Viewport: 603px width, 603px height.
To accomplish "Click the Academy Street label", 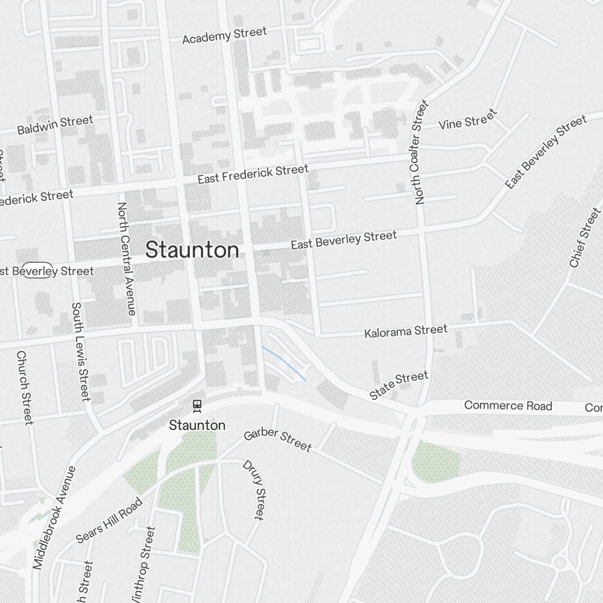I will click(x=224, y=36).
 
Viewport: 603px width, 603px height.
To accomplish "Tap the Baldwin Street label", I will click(x=55, y=125).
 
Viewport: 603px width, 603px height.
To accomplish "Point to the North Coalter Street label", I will click(x=421, y=153).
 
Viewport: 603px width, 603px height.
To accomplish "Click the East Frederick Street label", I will click(x=253, y=174).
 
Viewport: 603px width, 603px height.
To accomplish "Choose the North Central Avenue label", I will click(x=126, y=259).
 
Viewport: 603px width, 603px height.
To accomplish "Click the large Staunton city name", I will click(x=192, y=250).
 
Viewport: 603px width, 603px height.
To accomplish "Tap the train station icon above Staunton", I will click(x=196, y=405).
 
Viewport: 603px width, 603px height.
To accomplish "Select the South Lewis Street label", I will click(x=81, y=352).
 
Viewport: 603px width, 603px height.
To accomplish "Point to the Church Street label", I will click(x=25, y=388).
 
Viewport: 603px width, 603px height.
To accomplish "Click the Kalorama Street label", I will click(x=406, y=331).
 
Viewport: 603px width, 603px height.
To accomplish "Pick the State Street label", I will click(x=399, y=386).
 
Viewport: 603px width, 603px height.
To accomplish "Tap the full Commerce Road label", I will click(x=508, y=406).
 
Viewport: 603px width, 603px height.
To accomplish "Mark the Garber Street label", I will click(x=277, y=440).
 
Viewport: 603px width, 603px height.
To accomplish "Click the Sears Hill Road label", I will click(x=110, y=520).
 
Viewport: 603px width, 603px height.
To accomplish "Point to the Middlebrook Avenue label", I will click(x=55, y=517).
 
